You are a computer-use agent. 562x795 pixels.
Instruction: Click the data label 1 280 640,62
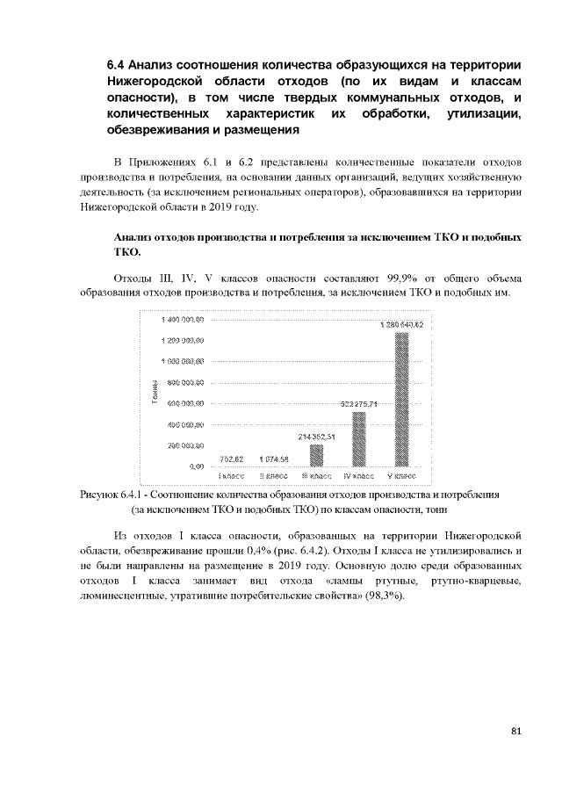[x=402, y=325]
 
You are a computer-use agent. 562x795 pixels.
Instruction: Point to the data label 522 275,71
[x=358, y=404]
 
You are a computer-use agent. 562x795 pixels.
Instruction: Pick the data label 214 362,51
[x=316, y=437]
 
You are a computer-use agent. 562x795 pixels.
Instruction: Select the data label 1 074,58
[x=274, y=459]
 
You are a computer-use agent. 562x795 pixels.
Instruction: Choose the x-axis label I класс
[x=231, y=475]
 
